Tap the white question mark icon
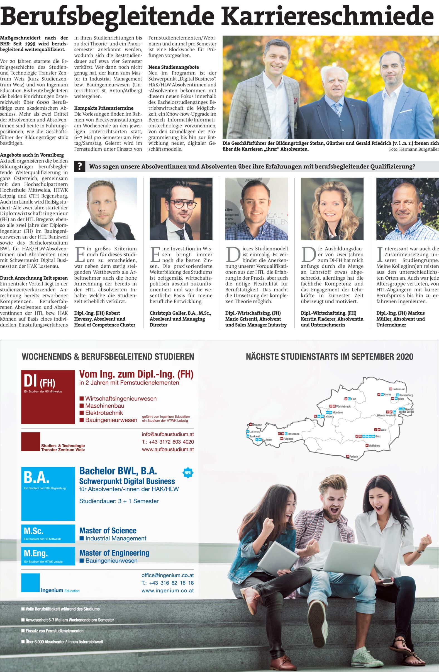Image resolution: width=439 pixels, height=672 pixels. (80, 166)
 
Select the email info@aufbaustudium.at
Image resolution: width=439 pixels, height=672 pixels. (168, 434)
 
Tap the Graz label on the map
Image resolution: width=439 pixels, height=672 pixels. (378, 436)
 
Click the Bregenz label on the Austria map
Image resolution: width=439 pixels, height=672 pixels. (257, 425)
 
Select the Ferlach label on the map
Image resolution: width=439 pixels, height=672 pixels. (353, 456)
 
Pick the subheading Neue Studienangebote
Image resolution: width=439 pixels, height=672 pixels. (174, 67)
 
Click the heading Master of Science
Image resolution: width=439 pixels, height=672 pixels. (108, 531)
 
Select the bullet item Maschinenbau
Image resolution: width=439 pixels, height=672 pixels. (105, 406)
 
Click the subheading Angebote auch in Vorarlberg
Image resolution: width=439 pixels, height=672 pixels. (32, 155)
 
